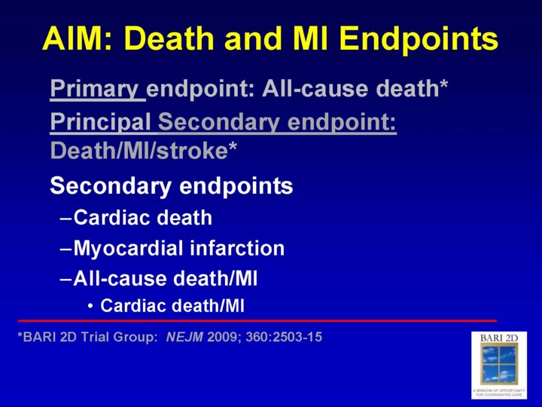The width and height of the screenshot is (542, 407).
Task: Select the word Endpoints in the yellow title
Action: pos(419,40)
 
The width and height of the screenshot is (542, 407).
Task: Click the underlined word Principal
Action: pos(100,122)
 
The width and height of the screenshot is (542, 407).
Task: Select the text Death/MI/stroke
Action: pos(139,151)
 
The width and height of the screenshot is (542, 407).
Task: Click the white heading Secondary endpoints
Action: pos(172,186)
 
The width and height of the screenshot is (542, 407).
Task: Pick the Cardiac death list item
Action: pos(143,218)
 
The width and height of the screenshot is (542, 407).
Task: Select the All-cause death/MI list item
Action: pos(166,278)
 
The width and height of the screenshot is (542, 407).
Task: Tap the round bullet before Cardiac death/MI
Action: pos(90,306)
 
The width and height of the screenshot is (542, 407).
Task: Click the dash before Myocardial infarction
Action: pos(65,249)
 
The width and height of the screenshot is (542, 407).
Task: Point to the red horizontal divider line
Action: pos(257,321)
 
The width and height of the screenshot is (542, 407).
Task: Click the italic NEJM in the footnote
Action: pos(184,337)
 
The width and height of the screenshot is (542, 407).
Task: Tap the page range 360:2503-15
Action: pos(284,337)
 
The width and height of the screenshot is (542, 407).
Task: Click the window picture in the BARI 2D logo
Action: pos(499,363)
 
